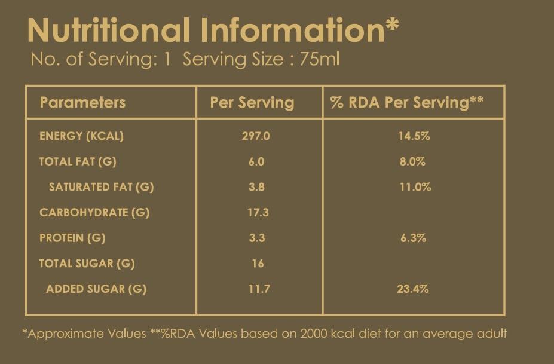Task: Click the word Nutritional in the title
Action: [109, 30]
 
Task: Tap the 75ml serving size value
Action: [320, 59]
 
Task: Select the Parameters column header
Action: [82, 102]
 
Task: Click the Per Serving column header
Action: [252, 103]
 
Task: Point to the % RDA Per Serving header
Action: [406, 102]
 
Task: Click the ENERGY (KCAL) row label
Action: [82, 136]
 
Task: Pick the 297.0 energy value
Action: [256, 136]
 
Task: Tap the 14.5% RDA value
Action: [414, 136]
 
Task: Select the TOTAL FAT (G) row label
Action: [78, 162]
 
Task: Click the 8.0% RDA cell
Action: [413, 162]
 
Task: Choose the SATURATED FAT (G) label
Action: [102, 187]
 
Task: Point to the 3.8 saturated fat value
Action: [256, 187]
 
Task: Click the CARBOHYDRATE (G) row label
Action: [94, 213]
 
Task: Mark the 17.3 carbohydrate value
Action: [258, 213]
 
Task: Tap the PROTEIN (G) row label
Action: [72, 238]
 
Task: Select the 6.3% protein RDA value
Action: [414, 238]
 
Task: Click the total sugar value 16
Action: [258, 264]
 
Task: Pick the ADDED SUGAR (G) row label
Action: [96, 289]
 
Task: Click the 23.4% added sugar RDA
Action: [413, 289]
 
